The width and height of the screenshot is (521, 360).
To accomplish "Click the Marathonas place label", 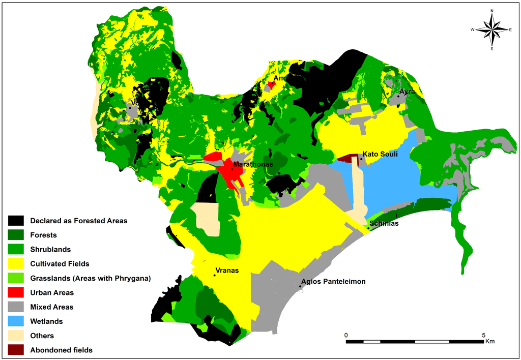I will point(253,165).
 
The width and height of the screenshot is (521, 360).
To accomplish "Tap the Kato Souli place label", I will point(380,154).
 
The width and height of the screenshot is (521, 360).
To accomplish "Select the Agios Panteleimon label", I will point(333,281).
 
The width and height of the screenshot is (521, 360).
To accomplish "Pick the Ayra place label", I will point(408,92).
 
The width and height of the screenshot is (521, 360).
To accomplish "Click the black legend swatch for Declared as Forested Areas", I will point(16,221).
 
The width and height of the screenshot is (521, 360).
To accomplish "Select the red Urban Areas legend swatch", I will point(16,293).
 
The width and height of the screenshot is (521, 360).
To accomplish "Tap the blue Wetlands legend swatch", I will point(16,321).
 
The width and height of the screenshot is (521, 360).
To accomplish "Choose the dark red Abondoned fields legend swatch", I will point(16,350).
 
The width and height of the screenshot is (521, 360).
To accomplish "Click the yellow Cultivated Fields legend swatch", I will point(16,264).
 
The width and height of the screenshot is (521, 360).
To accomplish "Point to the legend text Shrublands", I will point(50,250).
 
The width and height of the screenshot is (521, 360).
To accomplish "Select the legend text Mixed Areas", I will point(51,307).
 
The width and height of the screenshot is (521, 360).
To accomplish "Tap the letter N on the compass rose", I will point(492,11).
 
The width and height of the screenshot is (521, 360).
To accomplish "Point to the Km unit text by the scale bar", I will point(490,341).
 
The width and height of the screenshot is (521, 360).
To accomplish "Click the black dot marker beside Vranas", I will point(215,276).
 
